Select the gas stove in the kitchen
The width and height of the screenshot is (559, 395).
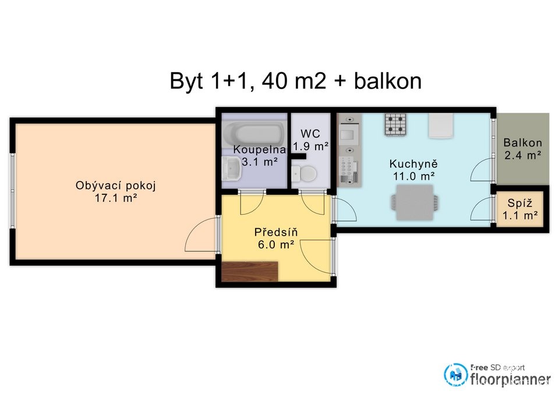coord(395,124)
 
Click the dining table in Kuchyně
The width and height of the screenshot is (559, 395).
coord(415,202)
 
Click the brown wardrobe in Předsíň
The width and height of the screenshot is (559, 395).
coord(250,272)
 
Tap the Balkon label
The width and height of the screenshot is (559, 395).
coord(523,143)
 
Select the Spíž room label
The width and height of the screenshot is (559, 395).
coord(520,203)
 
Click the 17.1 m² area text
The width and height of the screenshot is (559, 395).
coord(116,198)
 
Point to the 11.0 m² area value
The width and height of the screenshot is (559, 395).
coord(413,176)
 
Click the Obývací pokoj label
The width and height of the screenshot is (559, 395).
coord(115,186)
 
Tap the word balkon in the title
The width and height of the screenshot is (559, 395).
coord(388,81)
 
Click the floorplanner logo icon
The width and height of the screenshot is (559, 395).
coord(456,374)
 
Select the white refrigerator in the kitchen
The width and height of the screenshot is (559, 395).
coord(441,126)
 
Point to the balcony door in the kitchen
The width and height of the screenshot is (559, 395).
coord(482,170)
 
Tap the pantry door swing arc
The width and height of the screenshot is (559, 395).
coord(482,209)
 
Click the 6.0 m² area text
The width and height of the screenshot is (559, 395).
coord(276,245)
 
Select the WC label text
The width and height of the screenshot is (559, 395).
coord(310,134)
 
